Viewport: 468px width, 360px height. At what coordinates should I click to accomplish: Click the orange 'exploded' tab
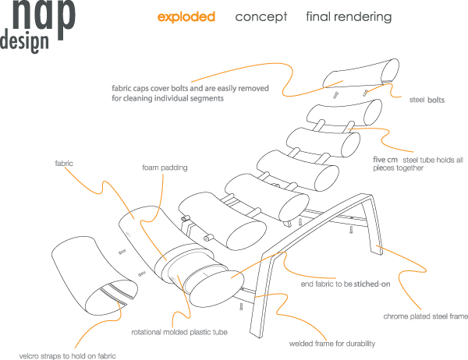pyautogui.click(x=186, y=16)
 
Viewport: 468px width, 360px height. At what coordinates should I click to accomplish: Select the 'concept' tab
pyautogui.click(x=261, y=16)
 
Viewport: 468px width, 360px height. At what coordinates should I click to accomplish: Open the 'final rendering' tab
pyautogui.click(x=349, y=16)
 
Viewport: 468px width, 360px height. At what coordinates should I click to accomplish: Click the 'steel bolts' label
pyautogui.click(x=427, y=100)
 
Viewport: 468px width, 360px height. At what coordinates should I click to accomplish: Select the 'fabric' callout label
pyautogui.click(x=64, y=164)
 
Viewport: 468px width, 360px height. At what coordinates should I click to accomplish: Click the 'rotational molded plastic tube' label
pyautogui.click(x=179, y=332)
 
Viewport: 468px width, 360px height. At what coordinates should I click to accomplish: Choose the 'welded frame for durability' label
pyautogui.click(x=332, y=343)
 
